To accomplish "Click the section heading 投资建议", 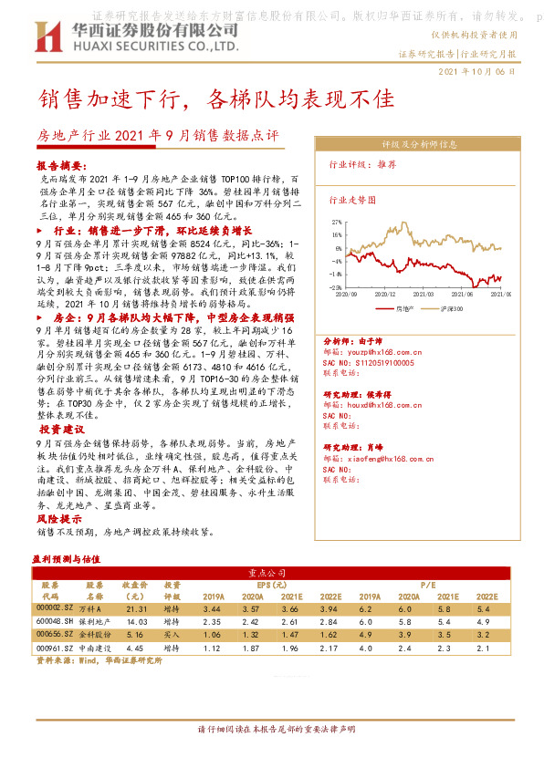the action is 62,429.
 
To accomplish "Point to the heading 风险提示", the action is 59,518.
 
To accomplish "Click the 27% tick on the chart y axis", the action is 338,222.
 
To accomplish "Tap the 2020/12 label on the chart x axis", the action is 384,294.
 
